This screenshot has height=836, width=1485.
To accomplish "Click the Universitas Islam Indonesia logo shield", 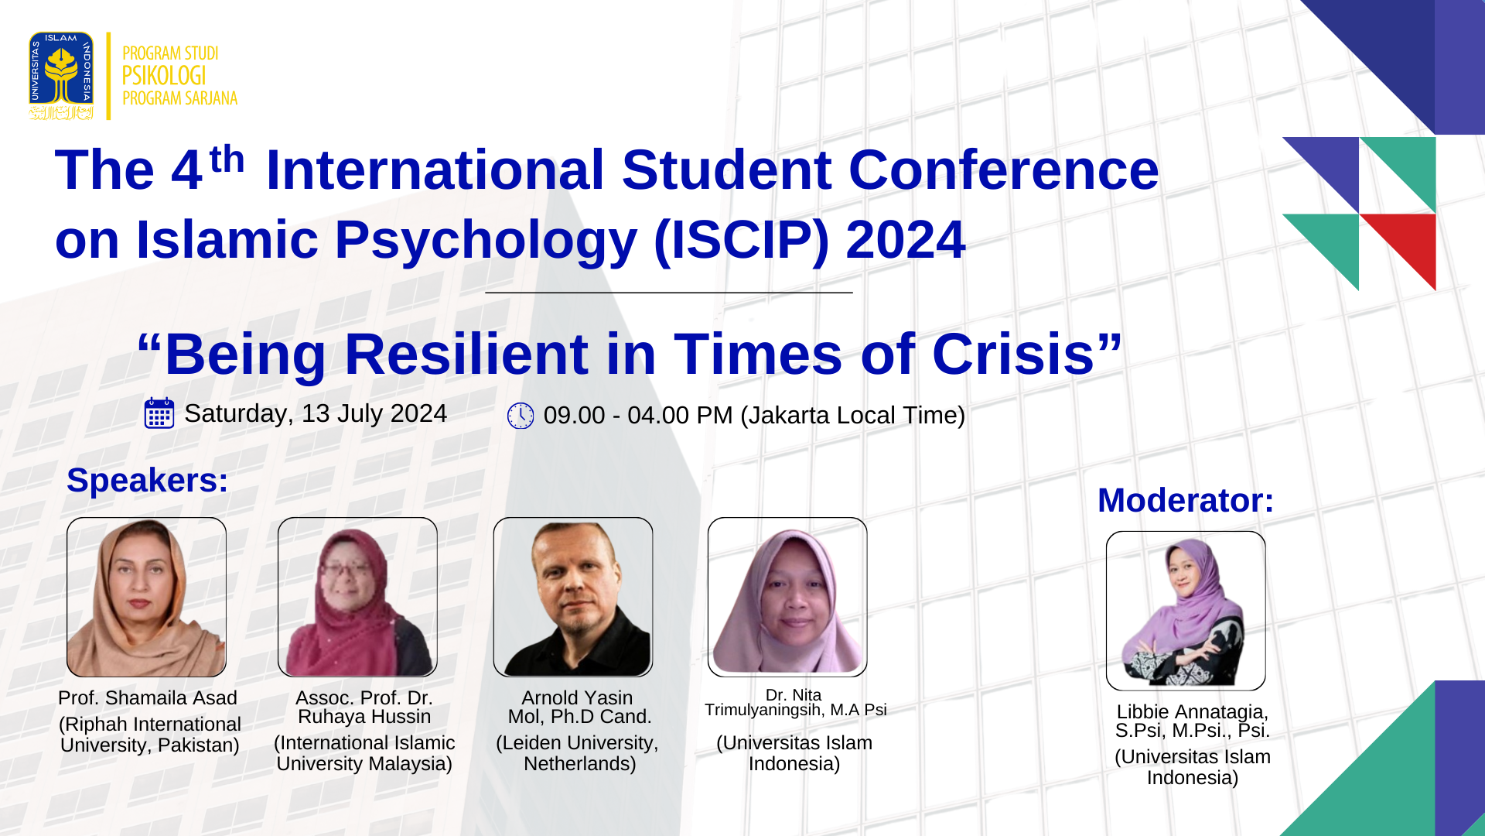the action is [61, 76].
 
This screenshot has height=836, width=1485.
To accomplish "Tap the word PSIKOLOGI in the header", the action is [164, 76].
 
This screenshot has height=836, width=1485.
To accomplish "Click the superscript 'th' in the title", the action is [227, 159].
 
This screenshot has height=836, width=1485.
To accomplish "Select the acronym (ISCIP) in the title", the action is [741, 240].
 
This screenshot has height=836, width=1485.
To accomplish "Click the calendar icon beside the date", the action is [159, 413].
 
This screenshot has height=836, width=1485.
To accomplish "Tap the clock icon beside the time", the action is [521, 416].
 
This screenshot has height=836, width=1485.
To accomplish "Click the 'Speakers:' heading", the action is [148, 480].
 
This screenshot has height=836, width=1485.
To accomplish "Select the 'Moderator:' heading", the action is [1186, 500].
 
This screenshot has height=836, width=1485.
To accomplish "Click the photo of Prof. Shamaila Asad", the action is [147, 597].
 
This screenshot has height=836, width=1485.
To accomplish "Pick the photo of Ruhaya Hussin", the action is [357, 597].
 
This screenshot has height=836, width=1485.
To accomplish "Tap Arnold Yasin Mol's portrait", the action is [573, 597].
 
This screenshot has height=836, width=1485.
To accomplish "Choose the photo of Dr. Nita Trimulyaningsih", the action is [787, 597].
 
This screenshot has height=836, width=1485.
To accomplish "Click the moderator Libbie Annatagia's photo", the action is [1186, 611].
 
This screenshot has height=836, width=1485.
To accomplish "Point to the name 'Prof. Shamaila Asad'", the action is [148, 698].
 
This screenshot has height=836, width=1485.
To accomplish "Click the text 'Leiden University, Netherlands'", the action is [578, 753].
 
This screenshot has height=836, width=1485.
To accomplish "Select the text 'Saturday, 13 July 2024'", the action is [316, 413].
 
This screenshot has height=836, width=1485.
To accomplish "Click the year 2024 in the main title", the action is [906, 240].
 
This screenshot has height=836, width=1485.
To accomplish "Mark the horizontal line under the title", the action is [669, 293].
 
